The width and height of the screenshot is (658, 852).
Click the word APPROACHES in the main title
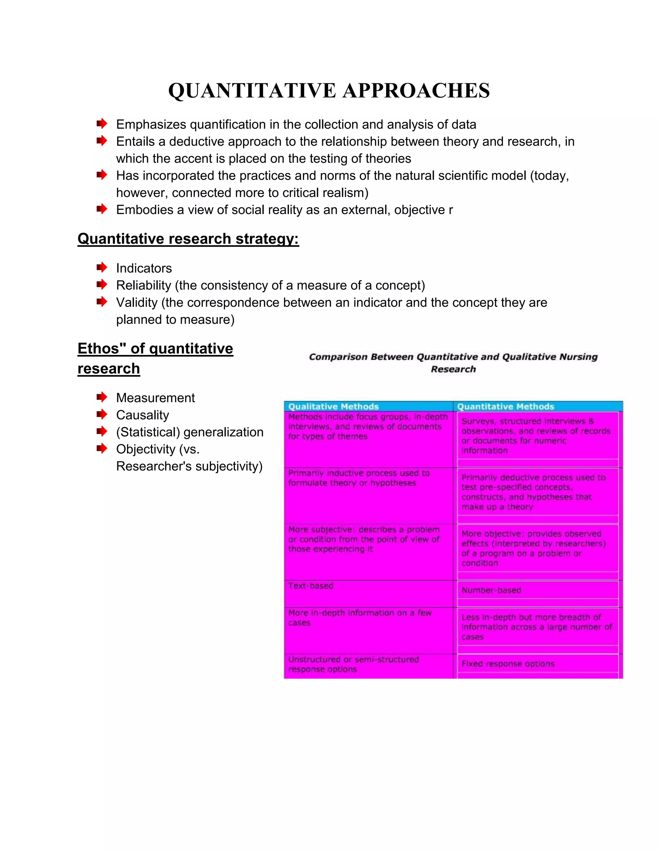[x=416, y=91]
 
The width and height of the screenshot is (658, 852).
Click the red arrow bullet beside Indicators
[x=102, y=267]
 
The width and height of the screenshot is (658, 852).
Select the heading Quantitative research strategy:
[x=188, y=239]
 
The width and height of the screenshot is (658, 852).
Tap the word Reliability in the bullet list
[x=143, y=286]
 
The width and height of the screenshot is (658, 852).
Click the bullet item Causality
[x=142, y=415]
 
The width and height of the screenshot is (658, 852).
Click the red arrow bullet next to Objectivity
[x=102, y=449]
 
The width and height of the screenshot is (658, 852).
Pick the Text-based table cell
[x=311, y=586]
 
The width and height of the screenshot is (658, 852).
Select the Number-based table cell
[x=491, y=590]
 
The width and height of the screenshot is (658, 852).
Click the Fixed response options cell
[x=508, y=664]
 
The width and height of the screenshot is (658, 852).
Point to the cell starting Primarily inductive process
[x=359, y=478]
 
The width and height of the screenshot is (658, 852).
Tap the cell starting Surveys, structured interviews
[x=536, y=436]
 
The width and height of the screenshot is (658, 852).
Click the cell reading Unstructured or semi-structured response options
[x=353, y=664]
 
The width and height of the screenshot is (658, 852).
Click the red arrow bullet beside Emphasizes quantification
[x=102, y=124]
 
